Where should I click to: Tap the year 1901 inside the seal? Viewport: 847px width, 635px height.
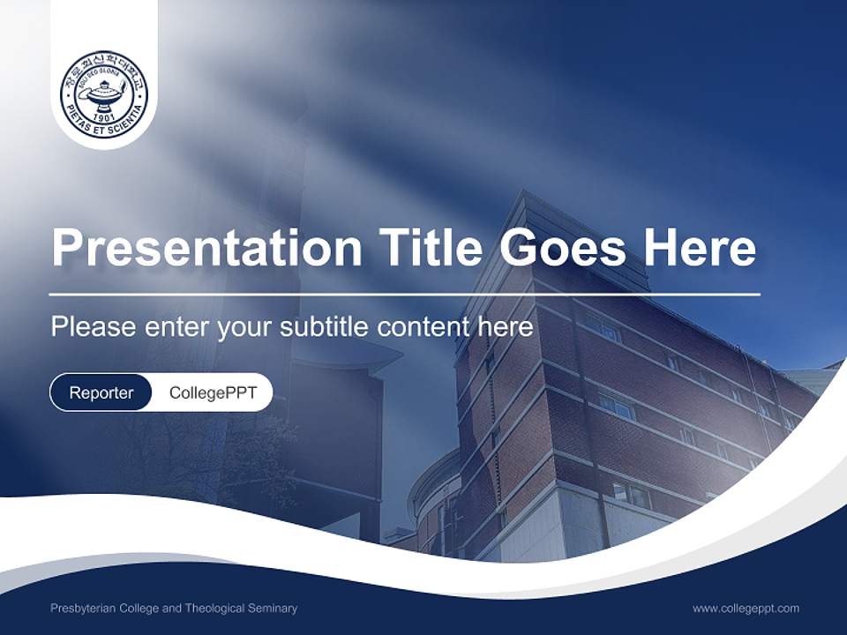[104, 116]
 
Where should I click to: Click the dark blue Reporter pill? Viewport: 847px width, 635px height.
[101, 392]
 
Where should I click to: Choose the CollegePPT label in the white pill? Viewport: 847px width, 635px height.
[213, 392]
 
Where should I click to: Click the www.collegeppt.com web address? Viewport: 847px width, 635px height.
[746, 608]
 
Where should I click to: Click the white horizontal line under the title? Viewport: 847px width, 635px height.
[405, 294]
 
